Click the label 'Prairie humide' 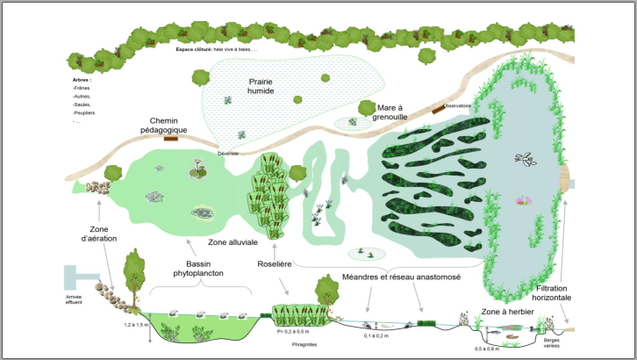[261, 86]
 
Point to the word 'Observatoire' [458, 106]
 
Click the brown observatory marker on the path [436, 110]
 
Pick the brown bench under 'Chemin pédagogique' [171, 138]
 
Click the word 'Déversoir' [229, 152]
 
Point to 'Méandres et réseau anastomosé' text [402, 277]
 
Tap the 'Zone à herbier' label [507, 312]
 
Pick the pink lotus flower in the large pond [524, 200]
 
